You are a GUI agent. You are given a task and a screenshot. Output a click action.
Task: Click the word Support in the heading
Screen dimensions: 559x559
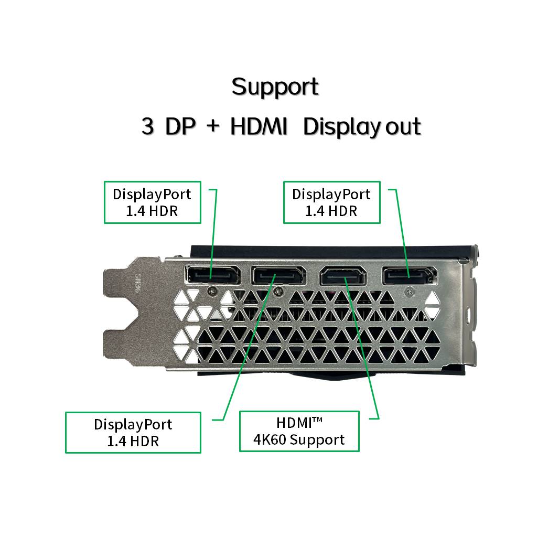(x=275, y=87)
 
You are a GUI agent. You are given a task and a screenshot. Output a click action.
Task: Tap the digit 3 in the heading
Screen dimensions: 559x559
(x=147, y=127)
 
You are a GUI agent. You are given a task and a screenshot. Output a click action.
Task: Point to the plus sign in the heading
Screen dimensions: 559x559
(x=212, y=127)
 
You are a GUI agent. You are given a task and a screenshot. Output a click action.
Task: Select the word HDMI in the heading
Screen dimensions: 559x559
(x=259, y=127)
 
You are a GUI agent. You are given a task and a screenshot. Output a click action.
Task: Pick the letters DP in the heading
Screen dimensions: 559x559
(x=180, y=127)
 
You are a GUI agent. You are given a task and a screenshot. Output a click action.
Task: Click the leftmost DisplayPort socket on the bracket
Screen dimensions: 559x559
(x=212, y=275)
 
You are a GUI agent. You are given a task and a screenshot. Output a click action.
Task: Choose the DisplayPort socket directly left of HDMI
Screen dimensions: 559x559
(x=278, y=276)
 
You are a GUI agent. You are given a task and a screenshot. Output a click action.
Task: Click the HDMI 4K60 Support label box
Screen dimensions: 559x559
(x=299, y=431)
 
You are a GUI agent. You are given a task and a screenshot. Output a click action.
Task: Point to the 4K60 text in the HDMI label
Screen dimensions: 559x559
(x=270, y=439)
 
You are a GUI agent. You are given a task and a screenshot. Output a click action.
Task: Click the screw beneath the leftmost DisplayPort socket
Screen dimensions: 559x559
(x=212, y=289)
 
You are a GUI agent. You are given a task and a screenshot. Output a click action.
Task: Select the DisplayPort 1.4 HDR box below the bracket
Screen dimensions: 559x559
(x=133, y=432)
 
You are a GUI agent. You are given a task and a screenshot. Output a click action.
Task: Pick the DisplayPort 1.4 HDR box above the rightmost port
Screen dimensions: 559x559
(x=331, y=202)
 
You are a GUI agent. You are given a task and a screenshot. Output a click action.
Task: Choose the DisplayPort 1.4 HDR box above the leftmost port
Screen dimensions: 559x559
(x=152, y=202)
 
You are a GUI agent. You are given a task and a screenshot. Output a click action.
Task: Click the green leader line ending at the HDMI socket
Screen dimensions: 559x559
(x=362, y=346)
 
